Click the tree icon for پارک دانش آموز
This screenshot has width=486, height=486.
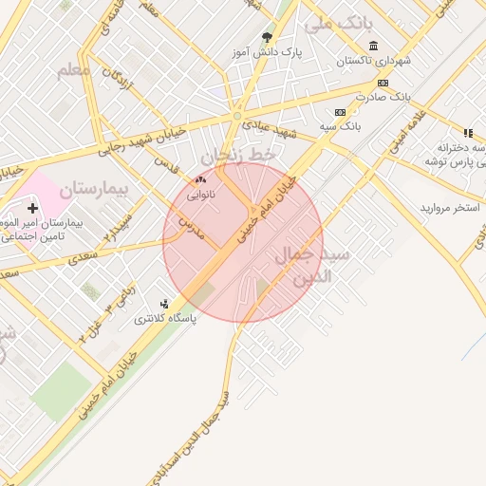[267, 38]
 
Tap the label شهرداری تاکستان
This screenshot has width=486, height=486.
[377, 62]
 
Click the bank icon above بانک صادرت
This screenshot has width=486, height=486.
[383, 83]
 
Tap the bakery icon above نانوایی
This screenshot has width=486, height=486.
[199, 178]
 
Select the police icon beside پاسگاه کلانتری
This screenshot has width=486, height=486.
[165, 305]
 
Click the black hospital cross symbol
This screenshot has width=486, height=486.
[33, 208]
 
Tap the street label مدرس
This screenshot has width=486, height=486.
[194, 224]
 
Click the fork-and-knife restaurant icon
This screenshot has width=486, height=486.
[467, 133]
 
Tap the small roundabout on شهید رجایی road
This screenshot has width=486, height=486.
[236, 116]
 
